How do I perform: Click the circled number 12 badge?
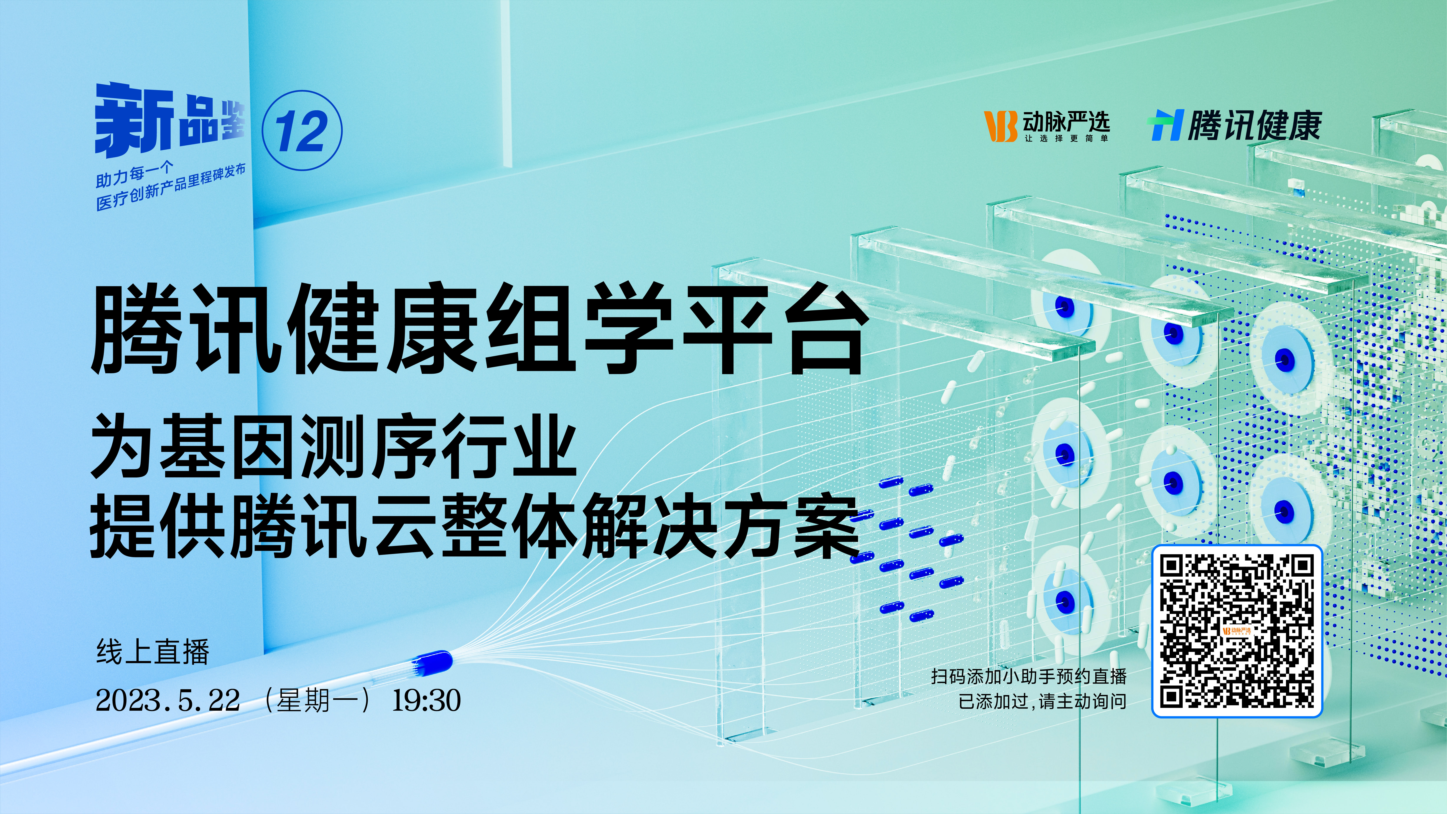[x=302, y=130]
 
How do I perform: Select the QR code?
[x=1237, y=631]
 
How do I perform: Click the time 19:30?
[x=426, y=700]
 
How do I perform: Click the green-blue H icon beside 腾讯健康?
[x=1167, y=125]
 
